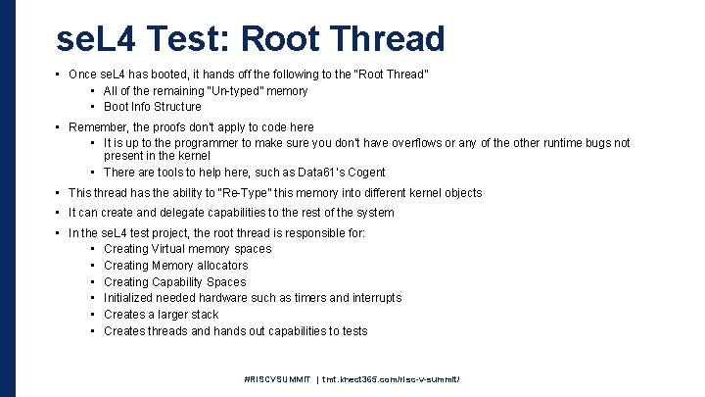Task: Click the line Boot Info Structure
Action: [152, 107]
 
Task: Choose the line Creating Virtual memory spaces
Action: [187, 249]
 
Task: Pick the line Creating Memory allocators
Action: [175, 265]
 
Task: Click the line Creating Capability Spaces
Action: [174, 281]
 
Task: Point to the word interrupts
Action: [371, 298]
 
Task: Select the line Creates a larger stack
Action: [161, 315]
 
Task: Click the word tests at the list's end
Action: [352, 331]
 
